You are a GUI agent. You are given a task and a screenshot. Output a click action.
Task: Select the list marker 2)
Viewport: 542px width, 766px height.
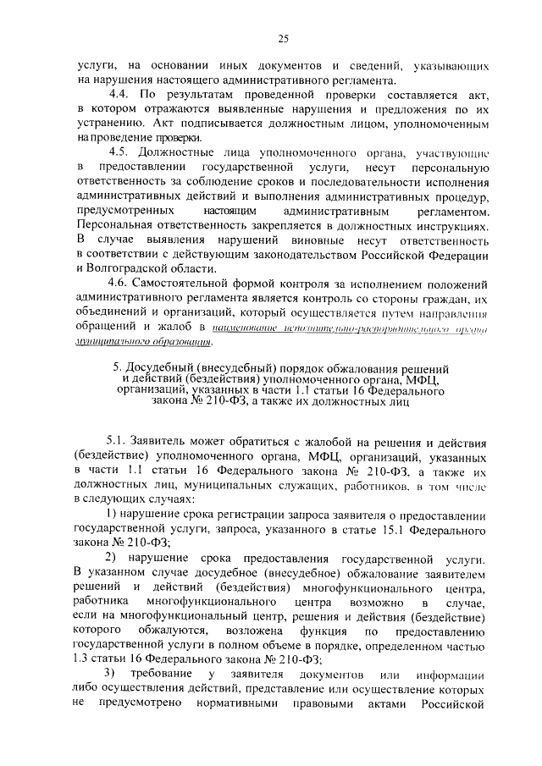(112, 557)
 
